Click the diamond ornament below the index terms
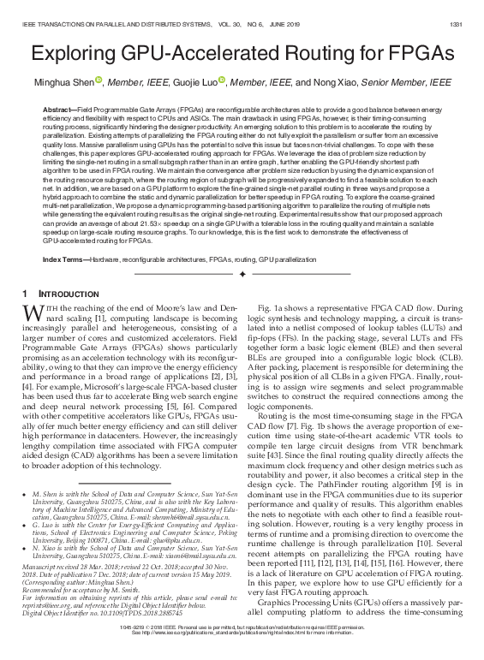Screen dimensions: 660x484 (242, 274)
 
